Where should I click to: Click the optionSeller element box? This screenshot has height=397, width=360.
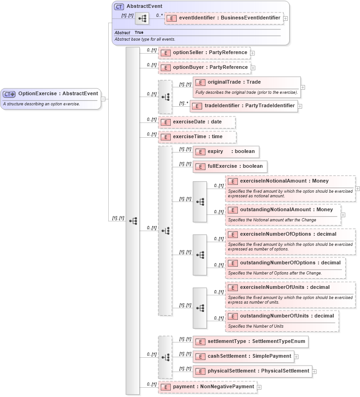(204, 53)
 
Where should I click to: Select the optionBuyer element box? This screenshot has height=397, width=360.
(204, 67)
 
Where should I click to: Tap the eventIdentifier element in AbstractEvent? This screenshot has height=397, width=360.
(224, 18)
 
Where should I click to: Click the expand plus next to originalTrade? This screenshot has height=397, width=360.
(303, 87)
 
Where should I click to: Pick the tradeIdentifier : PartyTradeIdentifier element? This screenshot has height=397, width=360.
(243, 106)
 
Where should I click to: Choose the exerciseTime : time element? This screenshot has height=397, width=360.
(197, 137)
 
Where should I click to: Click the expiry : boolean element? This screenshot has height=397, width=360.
(226, 152)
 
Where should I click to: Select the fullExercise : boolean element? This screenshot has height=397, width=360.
(230, 166)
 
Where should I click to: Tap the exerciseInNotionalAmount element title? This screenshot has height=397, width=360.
(284, 181)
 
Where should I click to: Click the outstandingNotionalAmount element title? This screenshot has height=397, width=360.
(286, 210)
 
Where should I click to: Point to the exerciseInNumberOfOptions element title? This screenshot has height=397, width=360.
(288, 234)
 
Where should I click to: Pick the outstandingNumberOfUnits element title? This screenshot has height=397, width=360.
(286, 316)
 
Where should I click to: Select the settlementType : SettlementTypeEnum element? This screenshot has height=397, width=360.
(250, 342)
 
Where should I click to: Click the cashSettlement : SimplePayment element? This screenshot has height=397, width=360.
(243, 356)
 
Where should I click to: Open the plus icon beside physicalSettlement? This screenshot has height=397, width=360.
(314, 371)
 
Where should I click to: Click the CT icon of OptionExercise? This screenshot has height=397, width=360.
(9, 94)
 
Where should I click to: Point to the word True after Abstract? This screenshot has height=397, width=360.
(139, 33)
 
